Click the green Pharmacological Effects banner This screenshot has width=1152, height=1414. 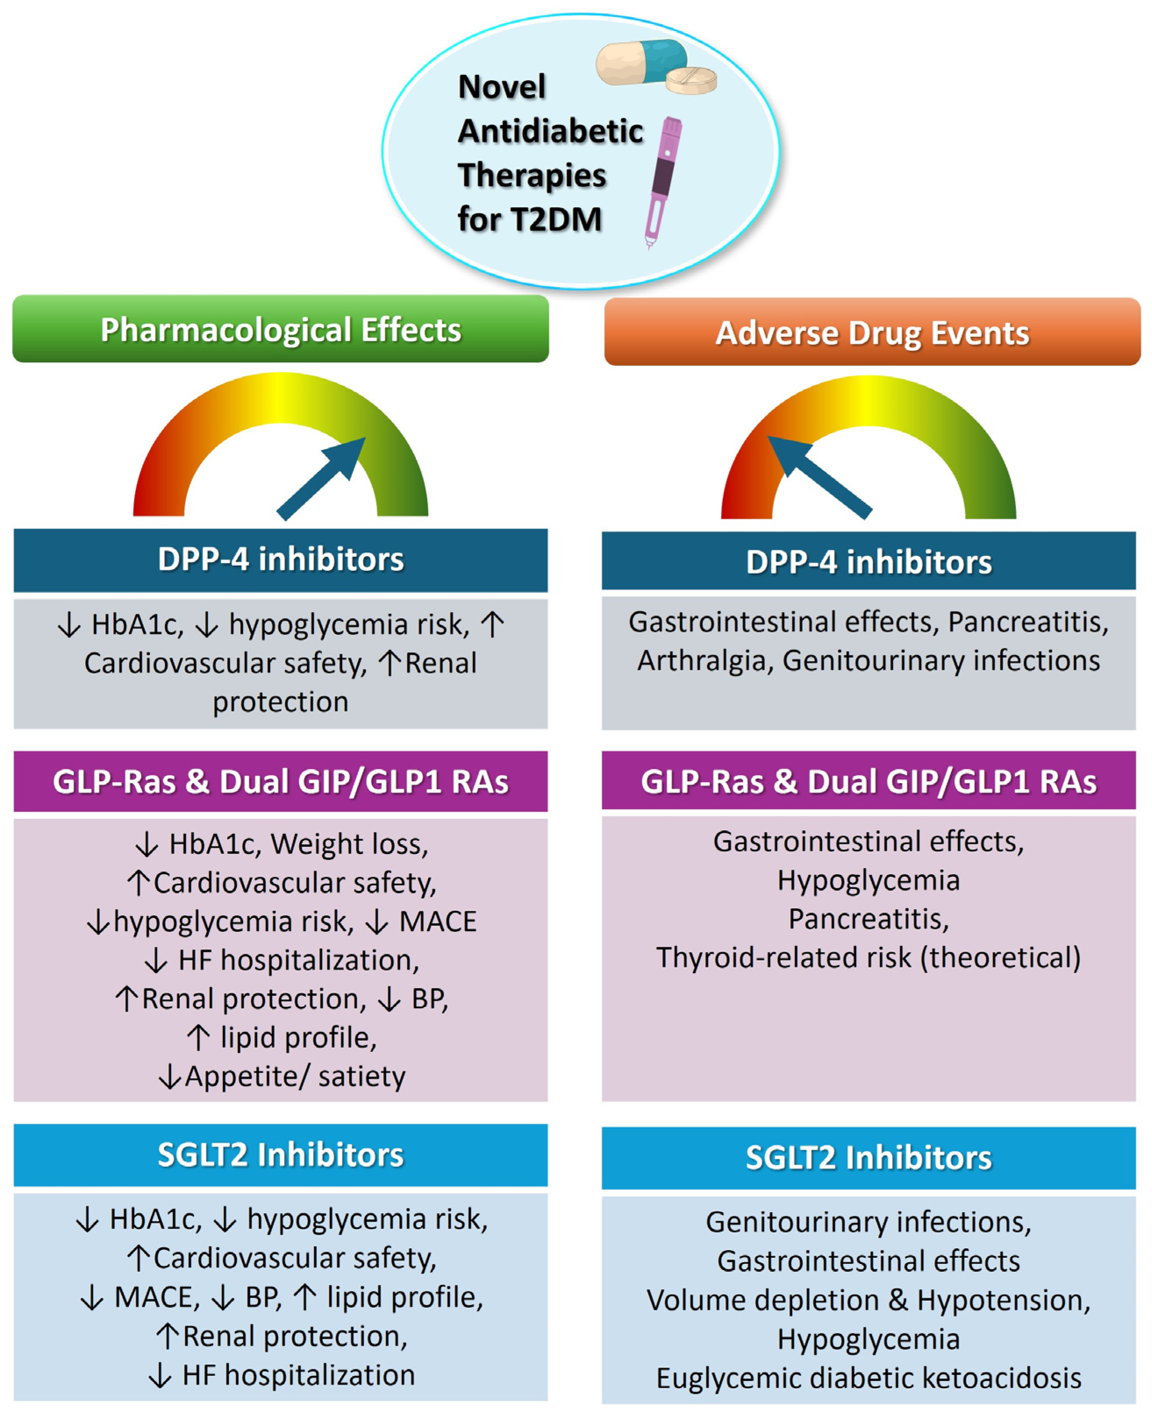[281, 329]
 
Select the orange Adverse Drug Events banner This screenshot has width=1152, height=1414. [872, 332]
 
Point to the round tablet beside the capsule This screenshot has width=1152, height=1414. [692, 80]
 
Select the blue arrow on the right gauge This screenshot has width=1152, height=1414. [820, 476]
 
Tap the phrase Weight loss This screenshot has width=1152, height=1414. [350, 844]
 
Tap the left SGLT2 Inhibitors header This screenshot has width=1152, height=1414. [281, 1155]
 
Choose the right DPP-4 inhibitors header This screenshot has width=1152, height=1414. [869, 561]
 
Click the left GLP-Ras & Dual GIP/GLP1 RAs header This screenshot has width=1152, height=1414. [281, 782]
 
